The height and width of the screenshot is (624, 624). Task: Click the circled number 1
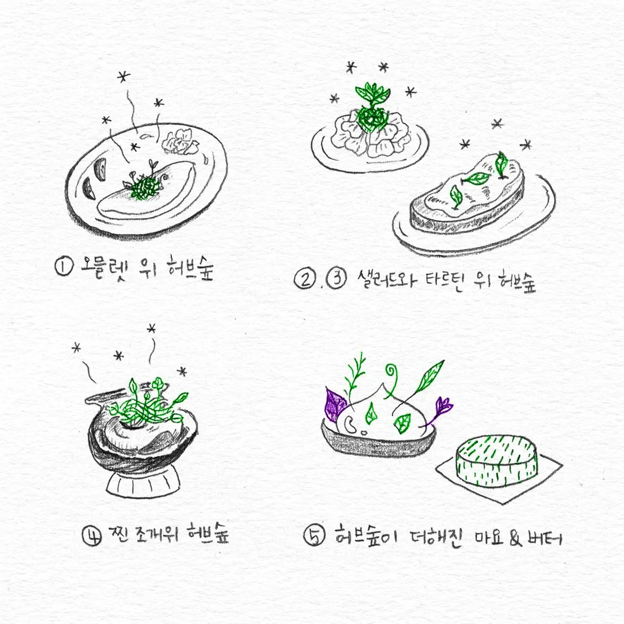pyautogui.click(x=64, y=267)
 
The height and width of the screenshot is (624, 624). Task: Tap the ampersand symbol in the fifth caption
pyautogui.click(x=516, y=538)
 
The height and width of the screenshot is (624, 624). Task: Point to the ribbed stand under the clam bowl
pyautogui.click(x=143, y=484)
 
